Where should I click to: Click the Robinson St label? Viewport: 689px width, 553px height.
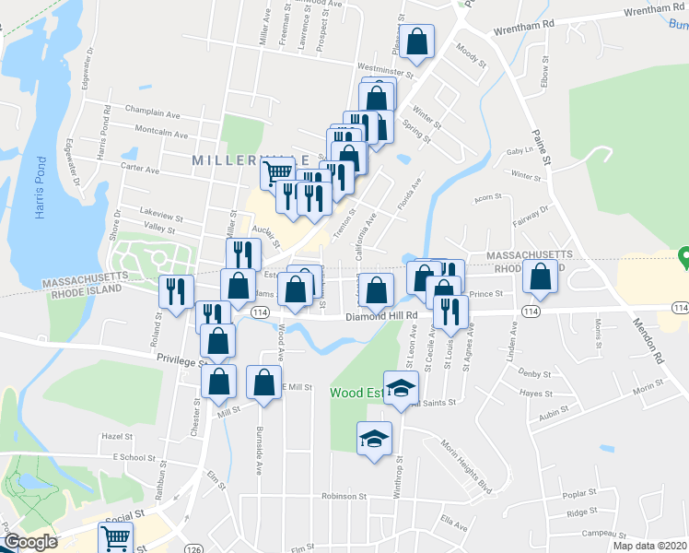click(x=344, y=495)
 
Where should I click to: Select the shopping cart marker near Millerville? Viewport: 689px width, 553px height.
click(x=277, y=171)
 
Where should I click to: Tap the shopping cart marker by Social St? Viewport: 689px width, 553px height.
click(x=116, y=537)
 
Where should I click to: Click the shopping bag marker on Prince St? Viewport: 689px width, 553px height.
click(x=540, y=276)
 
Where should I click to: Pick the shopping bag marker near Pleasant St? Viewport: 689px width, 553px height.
click(x=418, y=41)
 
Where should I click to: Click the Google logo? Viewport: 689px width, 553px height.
click(x=30, y=543)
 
